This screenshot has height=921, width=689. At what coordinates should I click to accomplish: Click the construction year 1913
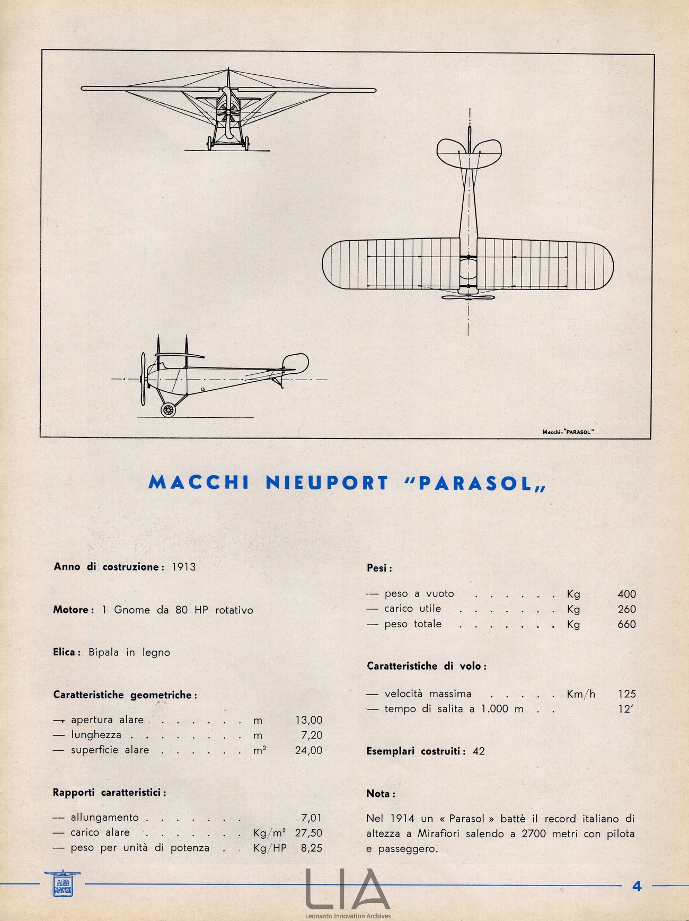(183, 567)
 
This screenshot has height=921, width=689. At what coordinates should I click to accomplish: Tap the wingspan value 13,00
(308, 720)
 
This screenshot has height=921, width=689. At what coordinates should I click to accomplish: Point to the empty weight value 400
(626, 594)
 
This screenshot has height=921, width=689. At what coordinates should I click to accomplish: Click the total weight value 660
(626, 624)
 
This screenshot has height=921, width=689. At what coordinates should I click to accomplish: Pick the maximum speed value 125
(626, 694)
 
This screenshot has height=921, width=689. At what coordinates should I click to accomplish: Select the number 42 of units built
(478, 751)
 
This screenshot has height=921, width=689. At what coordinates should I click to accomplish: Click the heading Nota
(381, 794)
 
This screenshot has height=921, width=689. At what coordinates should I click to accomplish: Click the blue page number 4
(637, 885)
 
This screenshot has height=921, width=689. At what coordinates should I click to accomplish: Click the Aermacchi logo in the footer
(63, 884)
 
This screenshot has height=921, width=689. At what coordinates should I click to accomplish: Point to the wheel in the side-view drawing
(169, 409)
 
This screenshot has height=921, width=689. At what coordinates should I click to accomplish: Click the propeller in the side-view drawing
(143, 379)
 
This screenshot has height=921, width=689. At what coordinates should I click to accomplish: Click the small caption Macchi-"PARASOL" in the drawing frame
(568, 432)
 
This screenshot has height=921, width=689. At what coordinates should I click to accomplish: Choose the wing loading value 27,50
(308, 833)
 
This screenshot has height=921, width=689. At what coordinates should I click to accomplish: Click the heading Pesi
(379, 568)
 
